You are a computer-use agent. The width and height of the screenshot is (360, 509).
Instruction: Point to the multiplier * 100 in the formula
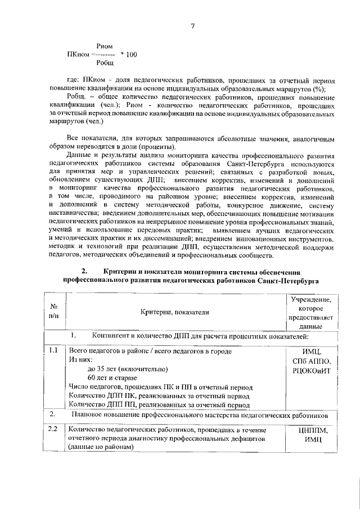pos(128,55)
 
